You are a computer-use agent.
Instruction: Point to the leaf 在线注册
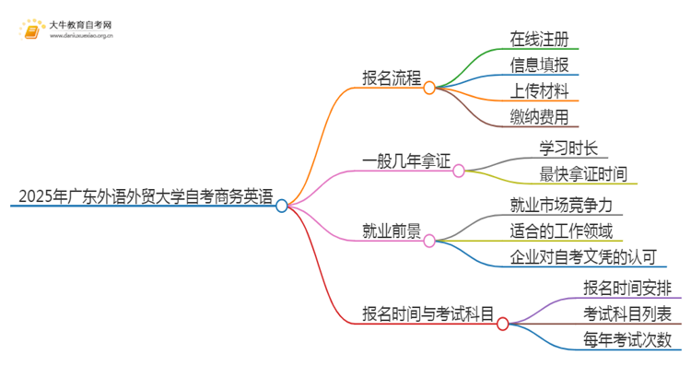pos(545,39)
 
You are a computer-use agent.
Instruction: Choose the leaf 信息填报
pos(545,65)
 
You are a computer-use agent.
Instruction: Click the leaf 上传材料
pos(545,90)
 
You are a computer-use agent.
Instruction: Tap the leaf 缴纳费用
pos(545,116)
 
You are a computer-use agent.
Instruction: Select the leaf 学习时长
pos(568,148)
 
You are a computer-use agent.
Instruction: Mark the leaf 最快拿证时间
pos(586,173)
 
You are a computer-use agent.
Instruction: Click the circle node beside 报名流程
pos(428,89)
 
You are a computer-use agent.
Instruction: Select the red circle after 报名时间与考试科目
pos(502,324)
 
